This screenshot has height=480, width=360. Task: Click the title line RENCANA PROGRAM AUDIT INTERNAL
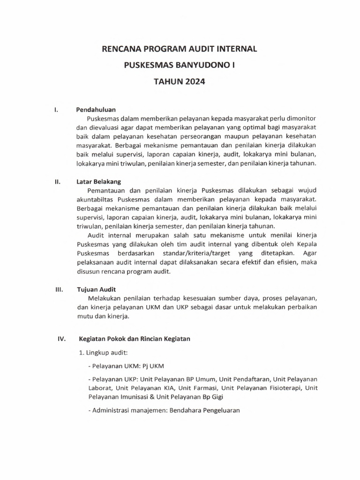(x=180, y=48)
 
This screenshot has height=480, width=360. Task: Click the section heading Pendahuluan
(x=96, y=110)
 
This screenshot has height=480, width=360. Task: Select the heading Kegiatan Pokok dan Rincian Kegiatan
(x=135, y=339)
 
